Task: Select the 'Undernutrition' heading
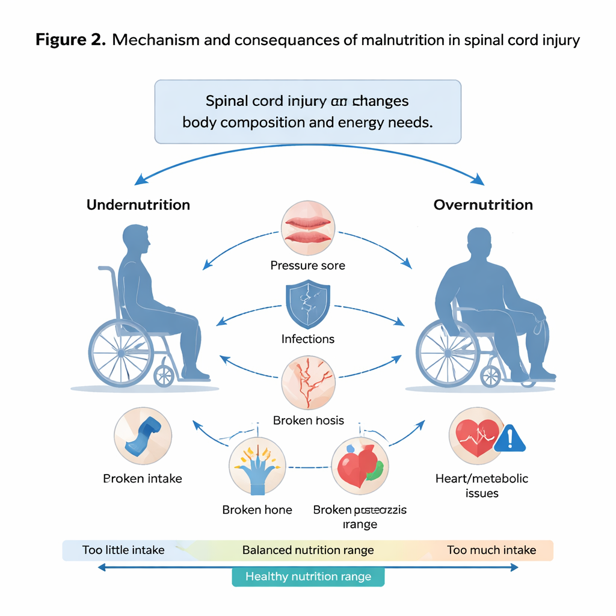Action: coord(138,205)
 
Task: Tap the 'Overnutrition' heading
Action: coord(483,205)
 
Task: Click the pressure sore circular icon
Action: coord(308,230)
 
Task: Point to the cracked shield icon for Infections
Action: coord(308,305)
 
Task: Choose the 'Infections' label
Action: coord(308,339)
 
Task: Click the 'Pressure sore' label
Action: coord(308,265)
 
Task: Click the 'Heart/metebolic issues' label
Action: coord(481,486)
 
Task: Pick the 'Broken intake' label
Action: coord(143,479)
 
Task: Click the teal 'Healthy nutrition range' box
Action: coord(308,577)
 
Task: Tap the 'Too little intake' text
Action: coord(123,550)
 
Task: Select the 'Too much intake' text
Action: coord(491,550)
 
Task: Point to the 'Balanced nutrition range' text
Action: coord(308,550)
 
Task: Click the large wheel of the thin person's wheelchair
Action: coord(121,351)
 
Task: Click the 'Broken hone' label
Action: coord(257,510)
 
